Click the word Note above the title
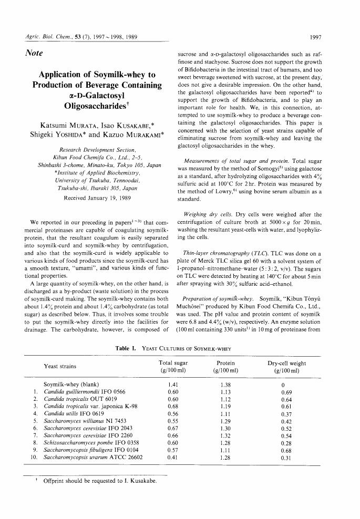click(x=34, y=53)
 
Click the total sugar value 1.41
click(x=172, y=385)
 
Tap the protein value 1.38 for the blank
click(x=225, y=385)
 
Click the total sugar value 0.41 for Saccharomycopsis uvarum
click(x=172, y=457)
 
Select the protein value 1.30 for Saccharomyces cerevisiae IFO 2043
click(x=225, y=428)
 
